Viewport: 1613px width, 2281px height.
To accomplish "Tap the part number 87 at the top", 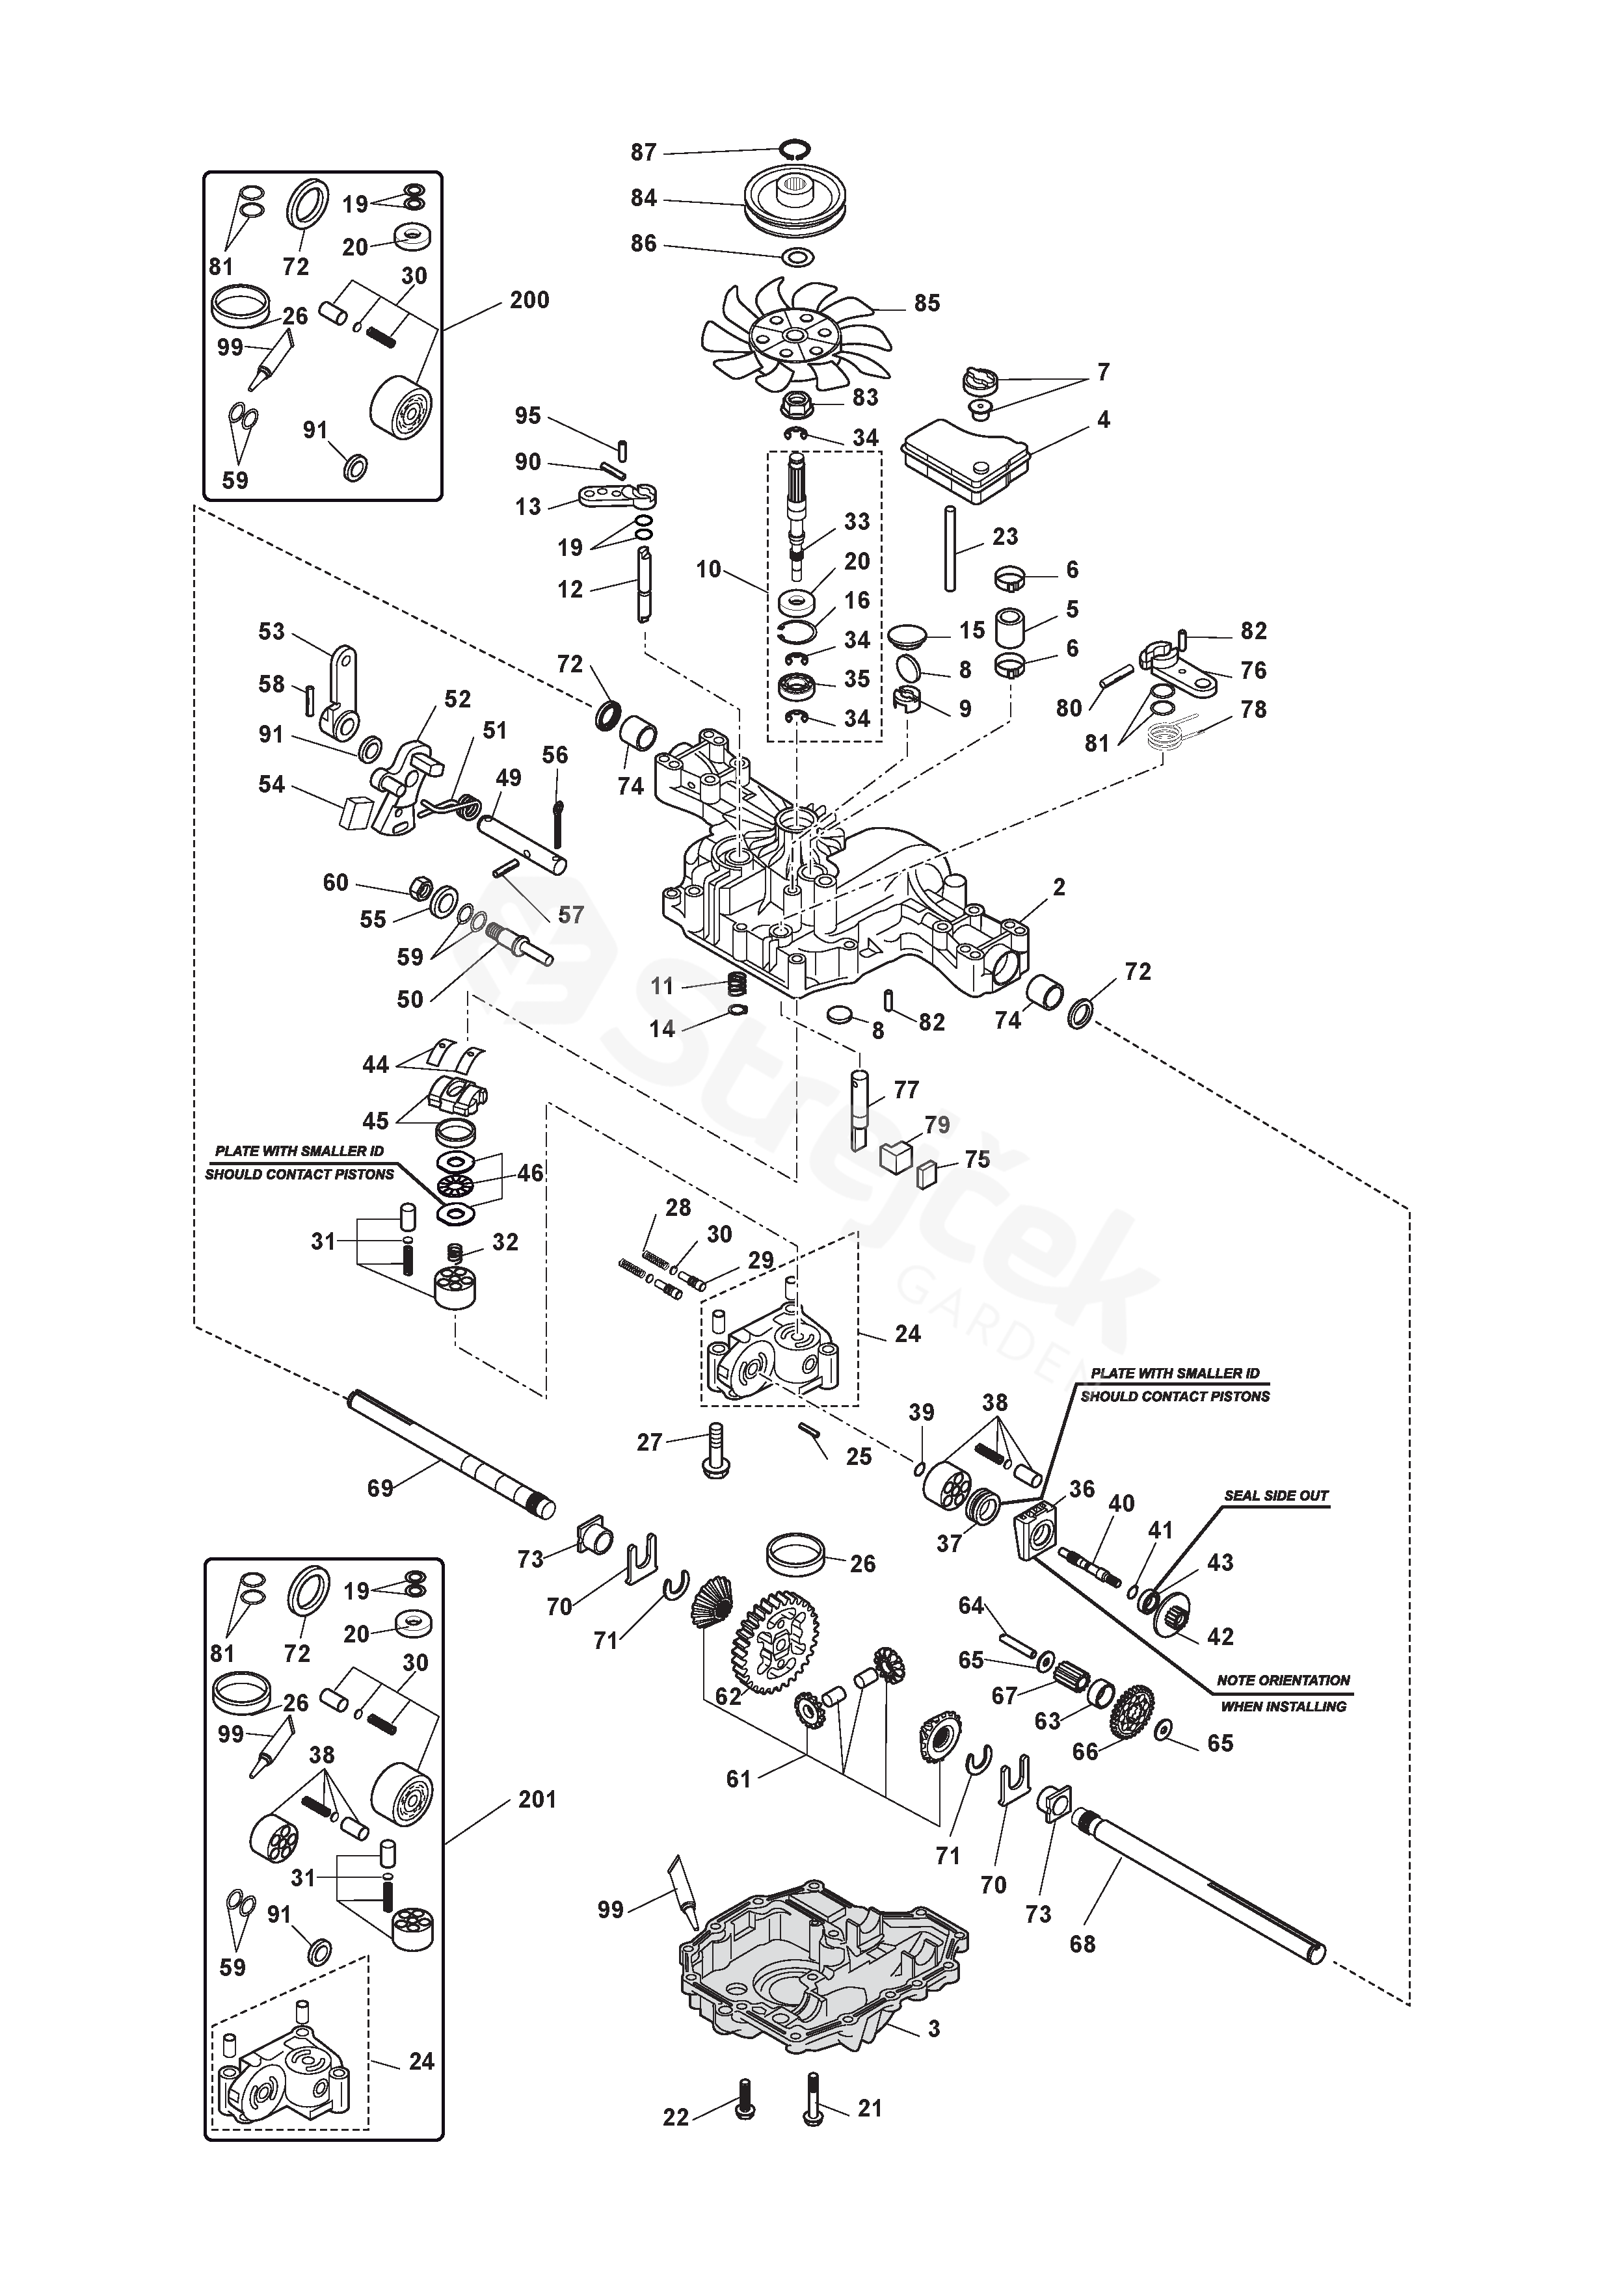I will pyautogui.click(x=643, y=152).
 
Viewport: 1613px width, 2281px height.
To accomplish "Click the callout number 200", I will pyautogui.click(x=529, y=300).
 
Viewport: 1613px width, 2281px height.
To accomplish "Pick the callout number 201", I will pyautogui.click(x=537, y=1799).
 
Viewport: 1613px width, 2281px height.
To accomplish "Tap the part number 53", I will pyautogui.click(x=271, y=632).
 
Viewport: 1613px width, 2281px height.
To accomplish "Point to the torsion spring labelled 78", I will pyautogui.click(x=1167, y=736).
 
